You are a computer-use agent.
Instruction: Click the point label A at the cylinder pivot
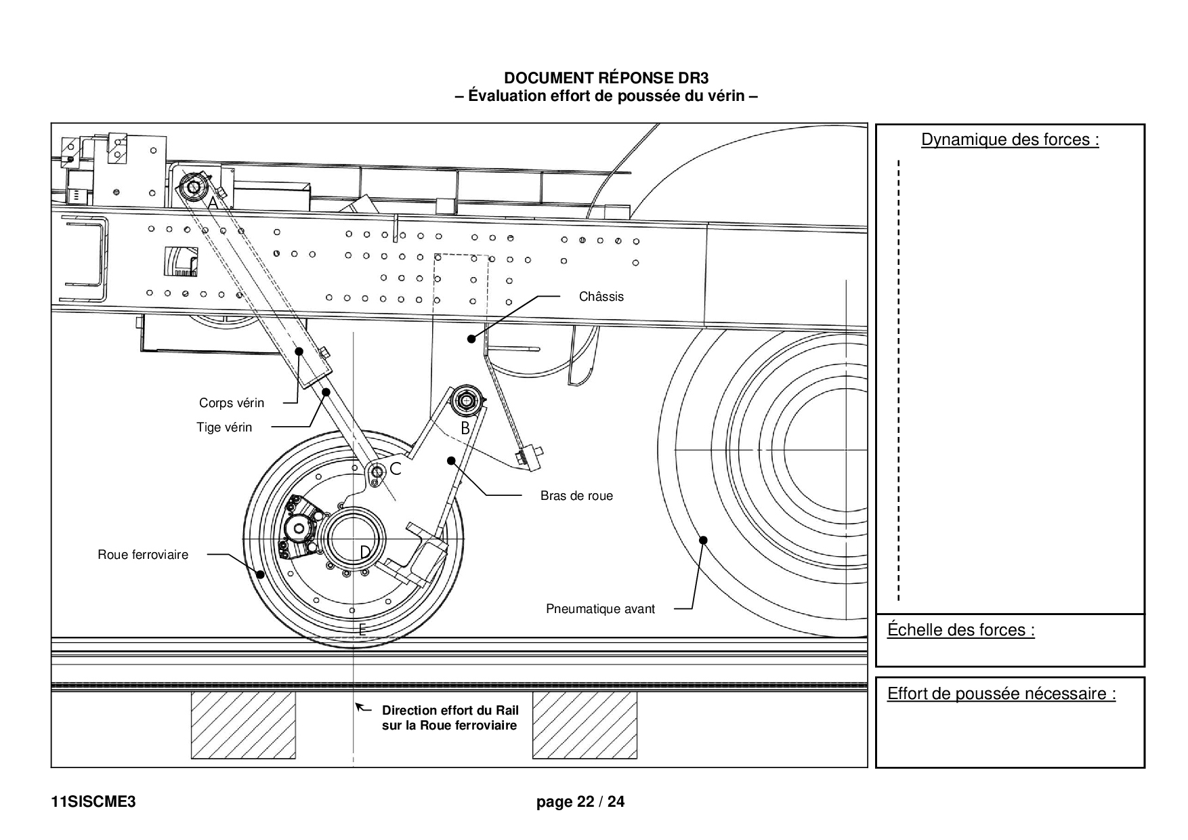tap(213, 203)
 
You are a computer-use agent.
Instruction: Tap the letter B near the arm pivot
tap(465, 428)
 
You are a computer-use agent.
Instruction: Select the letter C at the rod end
tap(396, 468)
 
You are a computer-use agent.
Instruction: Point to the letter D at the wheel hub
tap(365, 553)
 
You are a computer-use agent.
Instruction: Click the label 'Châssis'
tap(601, 297)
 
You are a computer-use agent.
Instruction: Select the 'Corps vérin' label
tap(232, 403)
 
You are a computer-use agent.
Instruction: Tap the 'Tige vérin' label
tap(224, 427)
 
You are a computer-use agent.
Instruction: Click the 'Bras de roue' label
tap(576, 496)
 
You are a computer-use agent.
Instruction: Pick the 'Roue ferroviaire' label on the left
tap(143, 555)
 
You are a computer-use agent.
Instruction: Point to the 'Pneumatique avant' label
tap(601, 609)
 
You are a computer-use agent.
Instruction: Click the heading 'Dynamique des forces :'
tap(1010, 140)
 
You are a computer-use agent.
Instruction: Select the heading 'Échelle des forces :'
tap(961, 630)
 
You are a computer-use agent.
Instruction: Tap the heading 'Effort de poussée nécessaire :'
tap(1002, 694)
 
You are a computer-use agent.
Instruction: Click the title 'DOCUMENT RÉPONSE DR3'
tap(606, 79)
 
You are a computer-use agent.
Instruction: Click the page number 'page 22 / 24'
tap(580, 802)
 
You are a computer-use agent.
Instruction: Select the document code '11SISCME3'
tap(93, 802)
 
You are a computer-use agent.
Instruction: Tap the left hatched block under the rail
tap(243, 726)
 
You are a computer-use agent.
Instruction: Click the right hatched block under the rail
tap(585, 726)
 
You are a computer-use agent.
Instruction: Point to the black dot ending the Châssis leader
tap(471, 339)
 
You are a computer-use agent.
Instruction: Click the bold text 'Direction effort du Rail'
tap(450, 711)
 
